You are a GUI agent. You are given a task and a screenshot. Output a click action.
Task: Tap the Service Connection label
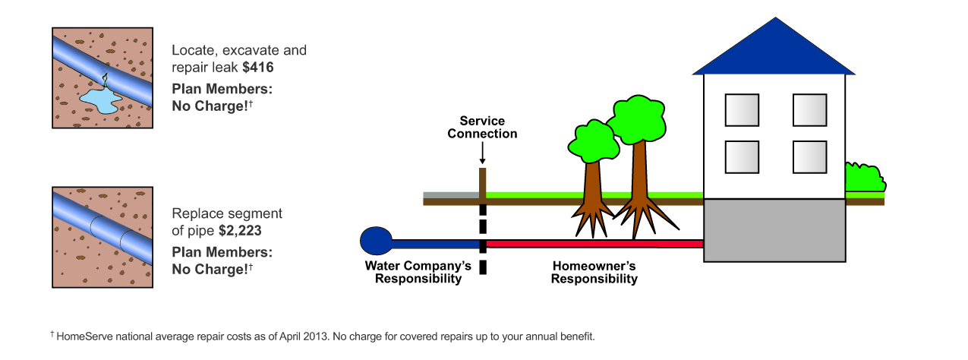click(482, 128)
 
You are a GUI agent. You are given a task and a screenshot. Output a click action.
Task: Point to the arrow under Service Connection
click(482, 153)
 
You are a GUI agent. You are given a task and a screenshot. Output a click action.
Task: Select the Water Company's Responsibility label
click(418, 272)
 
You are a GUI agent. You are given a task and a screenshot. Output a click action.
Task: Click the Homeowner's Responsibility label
click(594, 272)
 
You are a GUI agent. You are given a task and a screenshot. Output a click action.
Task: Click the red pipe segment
click(592, 244)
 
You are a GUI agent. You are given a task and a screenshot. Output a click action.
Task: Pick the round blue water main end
click(375, 241)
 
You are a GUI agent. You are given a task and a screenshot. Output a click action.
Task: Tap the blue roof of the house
click(774, 50)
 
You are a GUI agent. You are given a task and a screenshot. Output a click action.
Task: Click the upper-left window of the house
click(742, 110)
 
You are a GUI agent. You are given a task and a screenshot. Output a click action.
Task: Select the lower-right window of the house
click(809, 156)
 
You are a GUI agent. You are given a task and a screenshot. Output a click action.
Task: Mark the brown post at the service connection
click(482, 183)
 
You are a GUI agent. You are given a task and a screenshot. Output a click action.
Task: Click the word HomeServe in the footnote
click(82, 336)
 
